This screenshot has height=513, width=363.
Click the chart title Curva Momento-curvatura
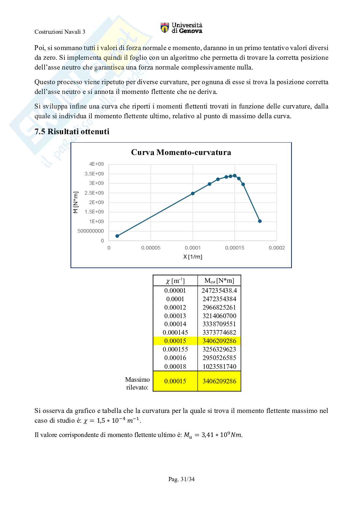(181, 152)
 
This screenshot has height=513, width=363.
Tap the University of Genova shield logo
(165, 28)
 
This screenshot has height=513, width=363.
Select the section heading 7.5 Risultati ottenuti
(72, 132)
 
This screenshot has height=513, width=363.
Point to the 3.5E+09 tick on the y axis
(94, 174)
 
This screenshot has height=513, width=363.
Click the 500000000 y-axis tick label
(91, 231)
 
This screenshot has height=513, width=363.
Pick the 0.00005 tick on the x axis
(151, 248)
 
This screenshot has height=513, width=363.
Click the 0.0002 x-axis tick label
(276, 248)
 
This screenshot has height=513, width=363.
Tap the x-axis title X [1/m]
(193, 257)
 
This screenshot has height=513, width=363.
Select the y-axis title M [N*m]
(76, 202)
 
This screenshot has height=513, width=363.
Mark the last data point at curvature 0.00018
(260, 221)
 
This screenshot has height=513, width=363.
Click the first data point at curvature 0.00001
(117, 236)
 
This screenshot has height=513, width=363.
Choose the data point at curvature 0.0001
(193, 193)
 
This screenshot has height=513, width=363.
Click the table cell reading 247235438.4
(219, 290)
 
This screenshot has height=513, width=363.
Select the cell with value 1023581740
(219, 366)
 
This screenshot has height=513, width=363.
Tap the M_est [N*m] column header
(219, 280)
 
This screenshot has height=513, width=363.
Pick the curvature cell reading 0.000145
(175, 332)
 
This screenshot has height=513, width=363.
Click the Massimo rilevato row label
(138, 383)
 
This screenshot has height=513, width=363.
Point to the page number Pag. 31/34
(181, 479)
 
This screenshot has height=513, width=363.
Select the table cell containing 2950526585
(219, 358)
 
